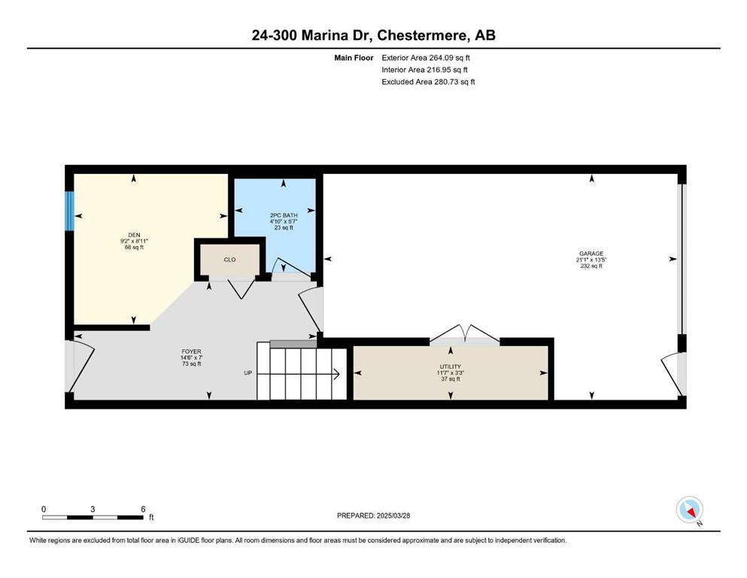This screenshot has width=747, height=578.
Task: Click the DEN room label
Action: (x=134, y=235)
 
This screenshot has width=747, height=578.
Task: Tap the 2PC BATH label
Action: (x=284, y=215)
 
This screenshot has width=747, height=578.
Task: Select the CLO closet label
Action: (x=229, y=260)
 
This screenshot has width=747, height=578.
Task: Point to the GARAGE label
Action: (x=591, y=254)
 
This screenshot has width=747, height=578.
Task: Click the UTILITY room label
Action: (x=450, y=367)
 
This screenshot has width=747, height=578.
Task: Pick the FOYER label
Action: (x=190, y=351)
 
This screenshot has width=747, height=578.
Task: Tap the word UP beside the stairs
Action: (x=247, y=373)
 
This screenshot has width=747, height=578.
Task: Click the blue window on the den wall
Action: (x=69, y=211)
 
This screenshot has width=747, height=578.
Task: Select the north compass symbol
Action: (x=690, y=510)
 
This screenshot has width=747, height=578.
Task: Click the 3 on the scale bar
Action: (x=93, y=509)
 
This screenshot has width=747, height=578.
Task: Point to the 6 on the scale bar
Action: (x=143, y=509)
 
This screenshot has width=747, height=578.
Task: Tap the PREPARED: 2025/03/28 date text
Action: (x=373, y=516)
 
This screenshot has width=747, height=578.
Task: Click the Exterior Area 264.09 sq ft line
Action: (x=426, y=58)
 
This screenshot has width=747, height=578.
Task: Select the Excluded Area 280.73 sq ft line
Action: (x=428, y=81)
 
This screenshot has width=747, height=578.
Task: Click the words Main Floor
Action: (x=354, y=58)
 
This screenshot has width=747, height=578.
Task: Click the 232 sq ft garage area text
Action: (x=591, y=266)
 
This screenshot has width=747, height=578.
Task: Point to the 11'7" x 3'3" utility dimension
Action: (x=450, y=373)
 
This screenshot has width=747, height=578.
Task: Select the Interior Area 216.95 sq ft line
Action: (x=424, y=69)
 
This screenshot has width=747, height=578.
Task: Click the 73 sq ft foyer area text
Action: (x=190, y=364)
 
